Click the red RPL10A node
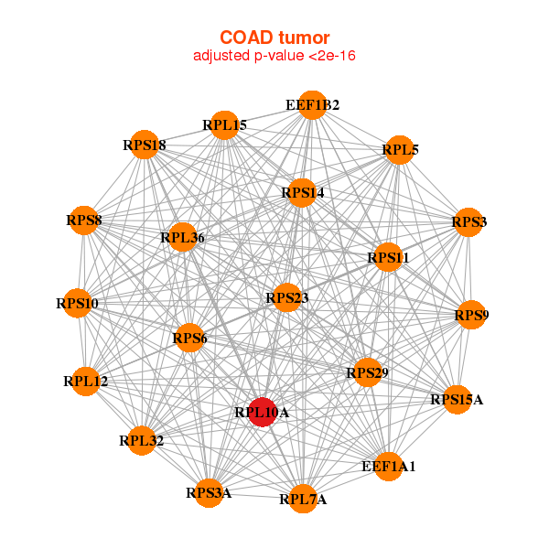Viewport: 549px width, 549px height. pos(263,413)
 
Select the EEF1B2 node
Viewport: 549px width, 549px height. pos(312,105)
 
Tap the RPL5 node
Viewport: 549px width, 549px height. pos(400,150)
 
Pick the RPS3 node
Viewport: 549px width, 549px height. pos(468,222)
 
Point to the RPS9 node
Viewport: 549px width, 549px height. pos(470,316)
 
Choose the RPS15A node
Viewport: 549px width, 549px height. pos(457,400)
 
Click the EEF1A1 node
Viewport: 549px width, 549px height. pos(388,467)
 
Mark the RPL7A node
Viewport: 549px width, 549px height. pos(303,499)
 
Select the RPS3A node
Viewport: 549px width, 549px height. pos(209,493)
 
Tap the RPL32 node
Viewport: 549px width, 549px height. pos(141,441)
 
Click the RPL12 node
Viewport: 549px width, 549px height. pos(86,381)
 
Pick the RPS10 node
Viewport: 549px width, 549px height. pos(77,303)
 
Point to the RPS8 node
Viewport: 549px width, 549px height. pos(84,221)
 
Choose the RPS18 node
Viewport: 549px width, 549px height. pos(145,145)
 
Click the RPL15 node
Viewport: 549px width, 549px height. pos(224,124)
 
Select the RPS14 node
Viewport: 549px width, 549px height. pos(302,193)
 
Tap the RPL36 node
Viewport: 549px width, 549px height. pos(182,238)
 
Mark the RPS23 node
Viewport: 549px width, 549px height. pos(286,297)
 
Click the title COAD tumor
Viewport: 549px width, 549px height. pos(274,38)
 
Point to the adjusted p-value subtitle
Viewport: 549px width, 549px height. pos(274,56)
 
